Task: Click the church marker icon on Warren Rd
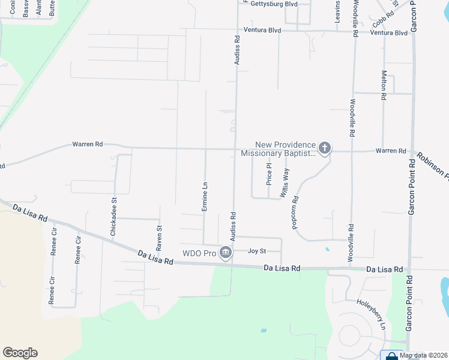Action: click(324, 148)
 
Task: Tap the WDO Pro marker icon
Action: click(226, 253)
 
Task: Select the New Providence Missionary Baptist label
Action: click(278, 149)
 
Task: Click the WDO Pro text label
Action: click(199, 253)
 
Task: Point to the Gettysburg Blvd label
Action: click(274, 4)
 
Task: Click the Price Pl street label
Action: click(269, 173)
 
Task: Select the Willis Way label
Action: click(286, 183)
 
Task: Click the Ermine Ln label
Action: click(205, 197)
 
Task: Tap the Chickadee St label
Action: click(113, 215)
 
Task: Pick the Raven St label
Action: click(160, 238)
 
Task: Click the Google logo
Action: click(20, 353)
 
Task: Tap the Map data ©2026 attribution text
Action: click(424, 355)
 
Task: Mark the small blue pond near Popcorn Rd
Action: click(327, 249)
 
